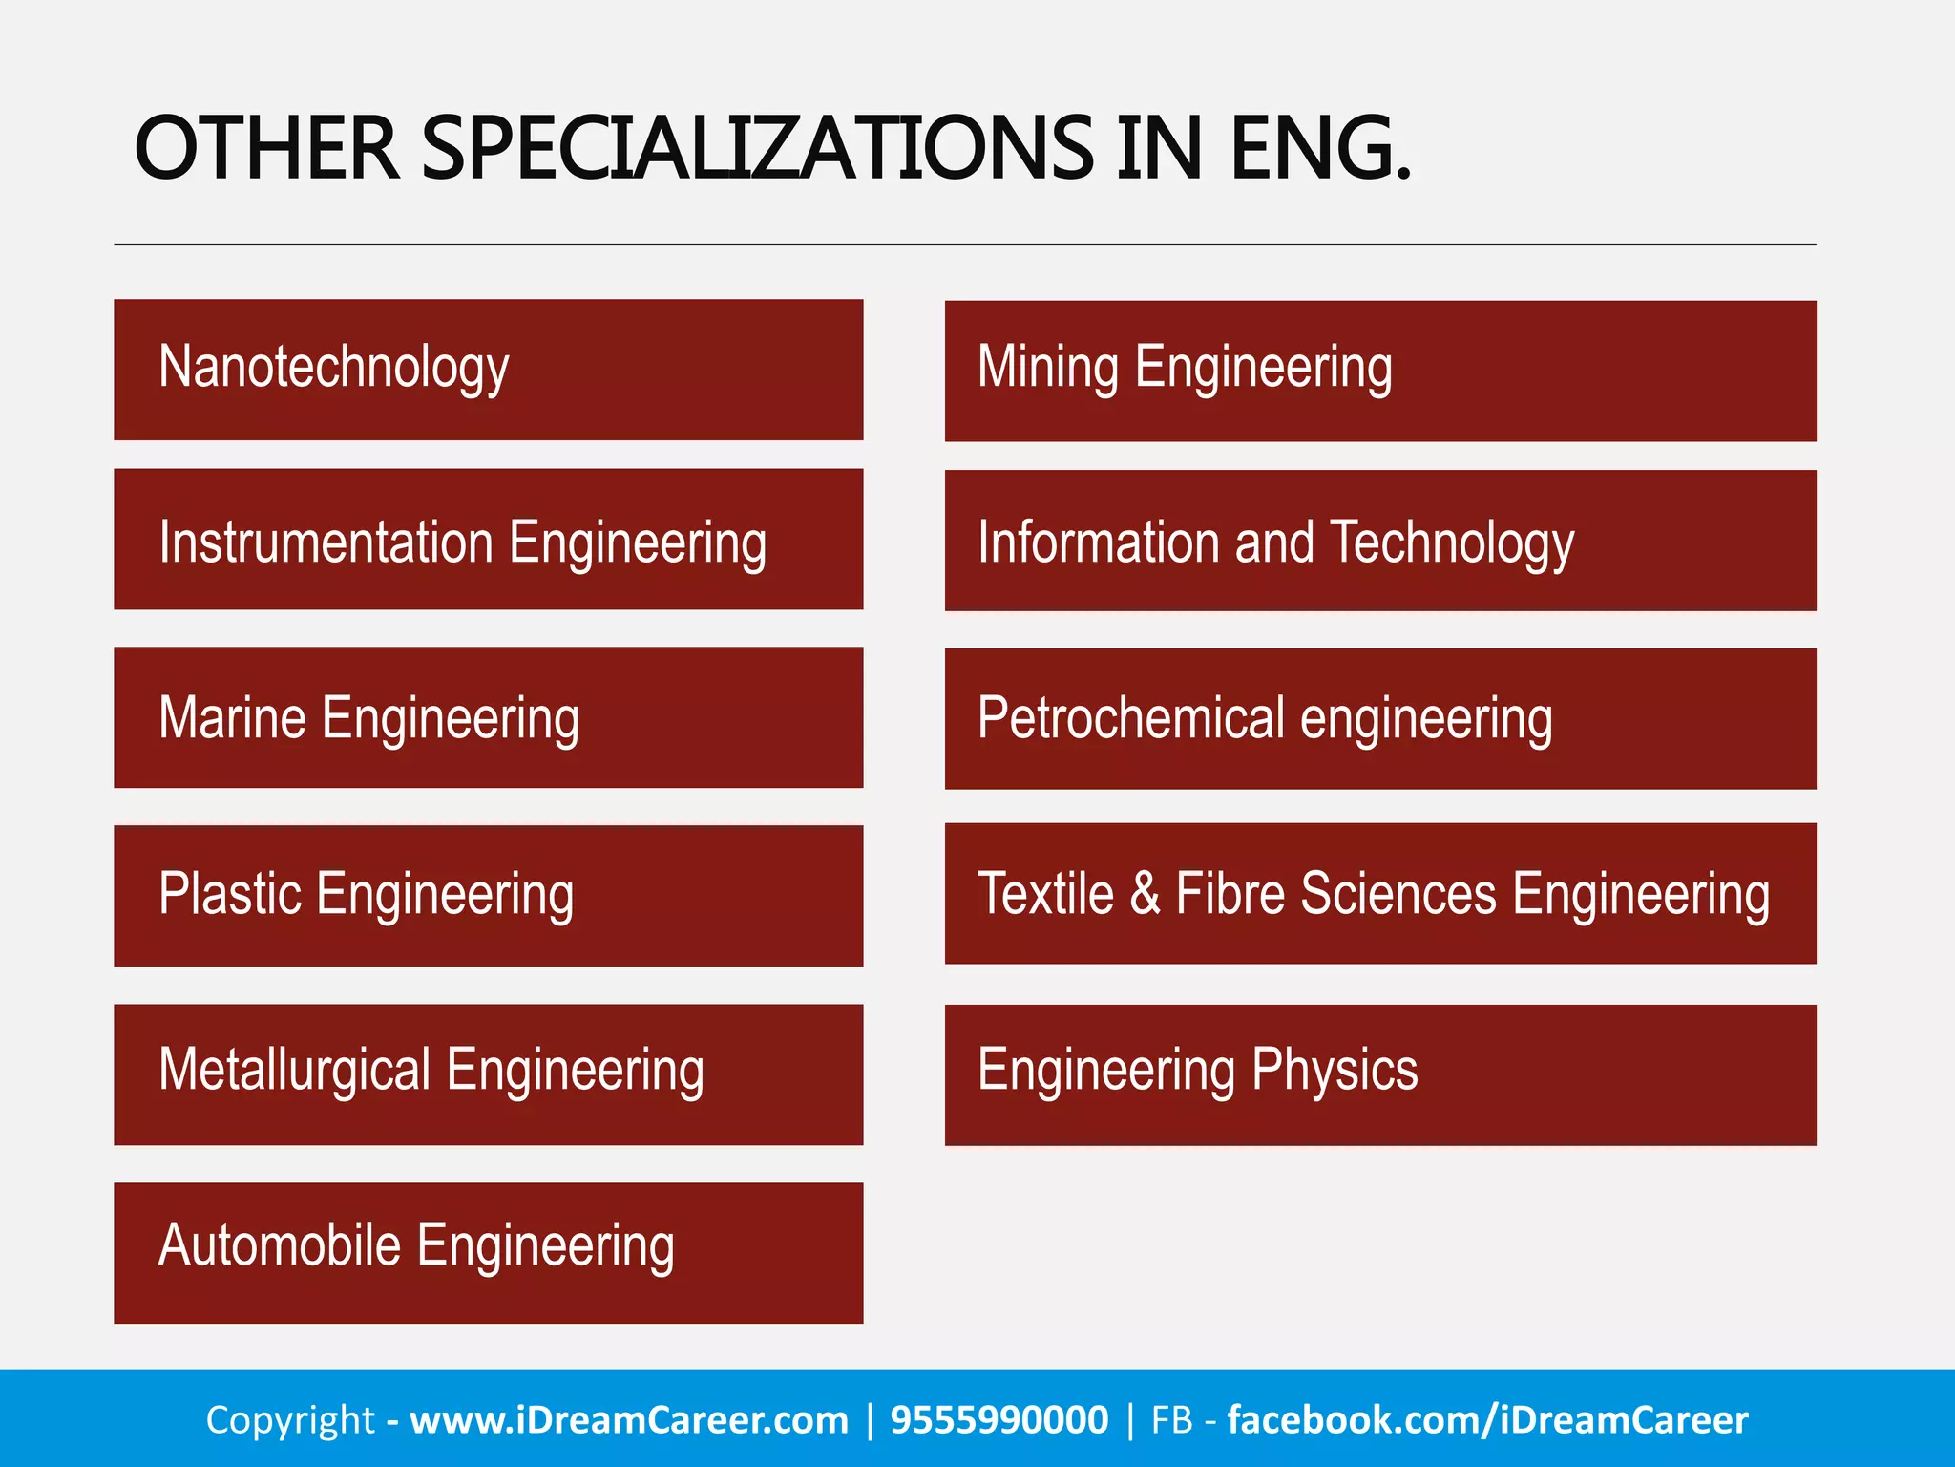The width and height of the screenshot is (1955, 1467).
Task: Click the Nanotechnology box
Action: click(488, 370)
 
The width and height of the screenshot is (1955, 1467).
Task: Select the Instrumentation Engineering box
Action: click(488, 539)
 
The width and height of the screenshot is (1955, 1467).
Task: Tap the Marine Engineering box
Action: click(488, 717)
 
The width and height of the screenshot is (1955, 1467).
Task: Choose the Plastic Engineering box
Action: click(488, 896)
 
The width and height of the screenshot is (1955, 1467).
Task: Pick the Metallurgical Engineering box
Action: click(488, 1074)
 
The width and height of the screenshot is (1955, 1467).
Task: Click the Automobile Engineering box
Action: click(488, 1253)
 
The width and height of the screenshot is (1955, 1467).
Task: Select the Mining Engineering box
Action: click(1380, 371)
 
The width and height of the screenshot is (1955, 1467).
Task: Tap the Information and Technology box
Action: click(1380, 541)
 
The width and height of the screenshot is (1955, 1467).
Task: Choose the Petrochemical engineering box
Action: click(1380, 718)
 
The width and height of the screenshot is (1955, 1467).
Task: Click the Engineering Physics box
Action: click(1380, 1074)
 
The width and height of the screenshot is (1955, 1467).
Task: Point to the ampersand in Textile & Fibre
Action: click(1145, 894)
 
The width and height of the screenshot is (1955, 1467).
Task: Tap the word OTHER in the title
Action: click(266, 148)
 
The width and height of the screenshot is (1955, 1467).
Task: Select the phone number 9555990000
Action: click(999, 1420)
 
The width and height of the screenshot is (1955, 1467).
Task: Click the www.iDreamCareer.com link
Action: click(629, 1420)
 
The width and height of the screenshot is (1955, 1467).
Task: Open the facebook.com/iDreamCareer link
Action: click(1487, 1420)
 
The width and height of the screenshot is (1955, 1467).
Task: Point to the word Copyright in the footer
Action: click(290, 1420)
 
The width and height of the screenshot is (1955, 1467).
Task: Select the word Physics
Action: click(1335, 1070)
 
